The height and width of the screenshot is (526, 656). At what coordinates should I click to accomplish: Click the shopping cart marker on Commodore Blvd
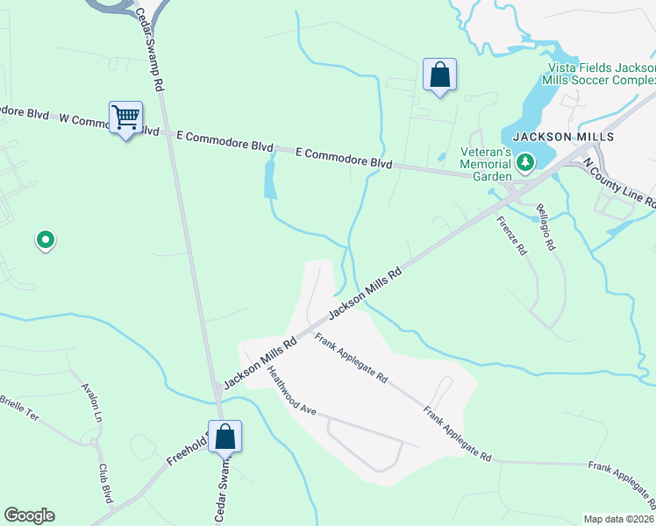[x=125, y=117]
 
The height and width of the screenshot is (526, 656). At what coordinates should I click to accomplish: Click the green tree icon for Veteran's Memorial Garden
[x=525, y=162]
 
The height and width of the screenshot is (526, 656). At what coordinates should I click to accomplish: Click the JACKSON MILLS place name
[x=563, y=138]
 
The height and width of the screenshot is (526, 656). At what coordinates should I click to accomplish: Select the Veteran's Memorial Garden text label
[x=486, y=164]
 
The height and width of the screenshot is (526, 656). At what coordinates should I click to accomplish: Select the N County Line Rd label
[x=618, y=181]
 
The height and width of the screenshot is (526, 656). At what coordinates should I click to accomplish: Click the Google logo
[x=29, y=515]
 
